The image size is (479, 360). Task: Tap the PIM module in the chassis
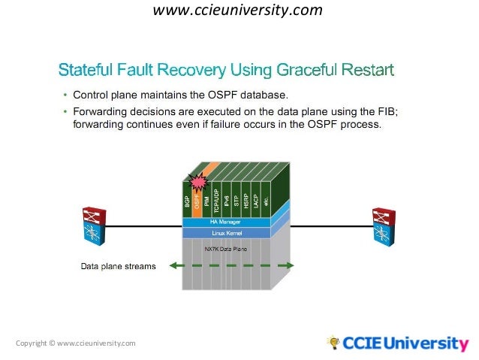coord(207,200)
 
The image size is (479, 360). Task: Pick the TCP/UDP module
coord(216,199)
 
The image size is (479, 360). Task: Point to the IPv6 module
coord(226,199)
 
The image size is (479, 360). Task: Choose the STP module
coord(236,199)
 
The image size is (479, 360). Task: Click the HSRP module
coord(246,199)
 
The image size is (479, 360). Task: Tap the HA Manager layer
coord(225,222)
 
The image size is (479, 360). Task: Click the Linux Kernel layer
coord(225,234)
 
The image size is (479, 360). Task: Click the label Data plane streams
coord(118,266)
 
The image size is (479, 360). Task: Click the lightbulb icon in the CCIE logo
coord(333,343)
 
